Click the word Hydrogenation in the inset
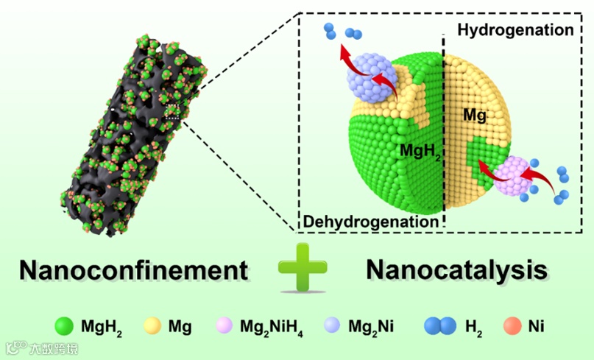515,30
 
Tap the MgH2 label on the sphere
420,151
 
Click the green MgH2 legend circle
65,325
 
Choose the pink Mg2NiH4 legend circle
224,325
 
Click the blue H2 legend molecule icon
439,325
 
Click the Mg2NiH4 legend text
268,326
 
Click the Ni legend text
539,325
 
